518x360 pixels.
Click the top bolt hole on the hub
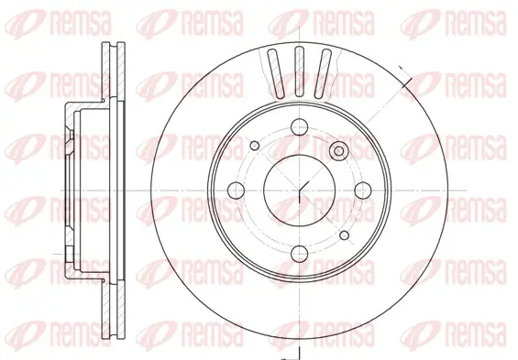point(299,126)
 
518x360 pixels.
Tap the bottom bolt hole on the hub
point(299,254)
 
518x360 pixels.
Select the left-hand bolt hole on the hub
point(237,191)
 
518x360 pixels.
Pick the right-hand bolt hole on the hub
point(363,191)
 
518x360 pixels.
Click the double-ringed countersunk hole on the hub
point(338,151)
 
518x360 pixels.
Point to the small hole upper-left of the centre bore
point(254,146)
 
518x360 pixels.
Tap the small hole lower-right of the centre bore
point(344,235)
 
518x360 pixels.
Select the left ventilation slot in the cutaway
point(276,73)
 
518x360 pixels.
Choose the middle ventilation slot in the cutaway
point(299,71)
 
